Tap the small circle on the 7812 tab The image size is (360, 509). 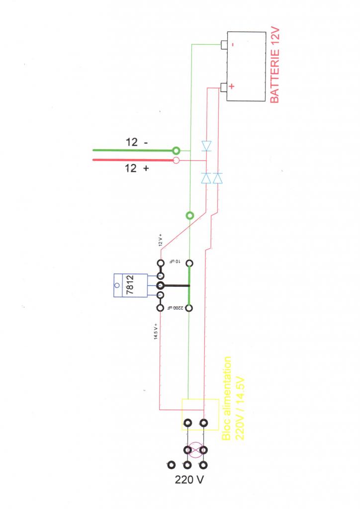click(x=117, y=286)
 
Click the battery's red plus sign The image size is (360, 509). click(x=232, y=86)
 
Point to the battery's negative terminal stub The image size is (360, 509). click(x=224, y=45)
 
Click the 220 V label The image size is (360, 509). click(x=189, y=481)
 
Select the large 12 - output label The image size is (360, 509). click(x=136, y=142)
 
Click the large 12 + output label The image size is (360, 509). click(x=136, y=169)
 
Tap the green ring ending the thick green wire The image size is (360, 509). click(x=175, y=150)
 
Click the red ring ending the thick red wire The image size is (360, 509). click(x=175, y=161)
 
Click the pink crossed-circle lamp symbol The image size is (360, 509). click(x=195, y=450)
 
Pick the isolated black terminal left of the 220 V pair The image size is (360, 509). click(x=172, y=465)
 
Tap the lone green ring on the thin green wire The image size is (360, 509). click(x=189, y=216)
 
